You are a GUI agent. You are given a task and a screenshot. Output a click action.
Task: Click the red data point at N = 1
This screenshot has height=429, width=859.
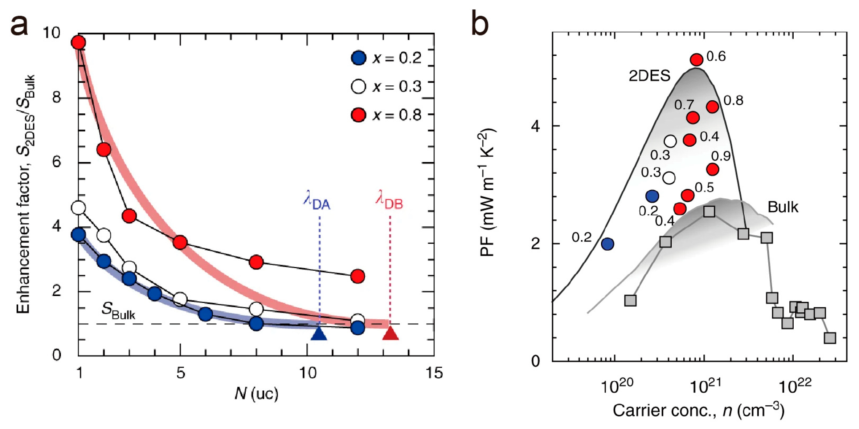coord(78,43)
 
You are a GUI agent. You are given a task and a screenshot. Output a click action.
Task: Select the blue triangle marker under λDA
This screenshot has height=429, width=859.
coord(319,333)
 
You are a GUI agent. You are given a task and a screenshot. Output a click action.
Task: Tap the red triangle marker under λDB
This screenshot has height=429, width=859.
coord(390,333)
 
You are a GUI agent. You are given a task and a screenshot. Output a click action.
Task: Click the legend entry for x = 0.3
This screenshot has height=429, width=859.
coord(386,86)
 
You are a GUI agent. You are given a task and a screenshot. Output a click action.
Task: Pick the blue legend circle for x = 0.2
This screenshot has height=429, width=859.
coord(359,58)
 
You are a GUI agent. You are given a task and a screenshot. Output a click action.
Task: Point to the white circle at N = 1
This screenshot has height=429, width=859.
coord(78,208)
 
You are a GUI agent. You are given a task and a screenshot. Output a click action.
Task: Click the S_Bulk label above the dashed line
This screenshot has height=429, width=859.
coord(118,311)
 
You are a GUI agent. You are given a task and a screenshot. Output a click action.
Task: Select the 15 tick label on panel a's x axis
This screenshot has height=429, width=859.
coord(434,373)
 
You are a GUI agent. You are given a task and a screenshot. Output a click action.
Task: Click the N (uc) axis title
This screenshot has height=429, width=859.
coord(257,393)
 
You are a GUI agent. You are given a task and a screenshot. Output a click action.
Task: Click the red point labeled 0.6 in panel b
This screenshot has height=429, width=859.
coord(696,60)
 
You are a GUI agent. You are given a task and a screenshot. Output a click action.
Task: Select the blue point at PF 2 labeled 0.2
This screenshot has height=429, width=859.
coord(608,244)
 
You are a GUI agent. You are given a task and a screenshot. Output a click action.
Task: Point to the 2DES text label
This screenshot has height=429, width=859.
coord(649,76)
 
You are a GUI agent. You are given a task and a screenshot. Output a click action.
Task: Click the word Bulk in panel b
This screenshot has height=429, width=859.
coord(782,207)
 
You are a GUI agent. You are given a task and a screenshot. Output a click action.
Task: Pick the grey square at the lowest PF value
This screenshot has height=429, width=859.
coord(830,338)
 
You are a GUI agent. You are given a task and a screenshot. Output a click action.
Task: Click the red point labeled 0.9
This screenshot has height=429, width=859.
coord(713,169)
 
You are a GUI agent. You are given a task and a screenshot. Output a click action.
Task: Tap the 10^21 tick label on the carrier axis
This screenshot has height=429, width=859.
coord(705,386)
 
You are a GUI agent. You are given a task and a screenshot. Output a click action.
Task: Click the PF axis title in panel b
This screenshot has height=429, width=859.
coord(488,193)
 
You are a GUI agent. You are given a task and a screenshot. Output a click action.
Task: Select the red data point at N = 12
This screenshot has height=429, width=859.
coord(357,276)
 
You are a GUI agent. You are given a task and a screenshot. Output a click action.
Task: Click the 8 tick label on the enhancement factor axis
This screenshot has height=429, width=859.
coord(57,97)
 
